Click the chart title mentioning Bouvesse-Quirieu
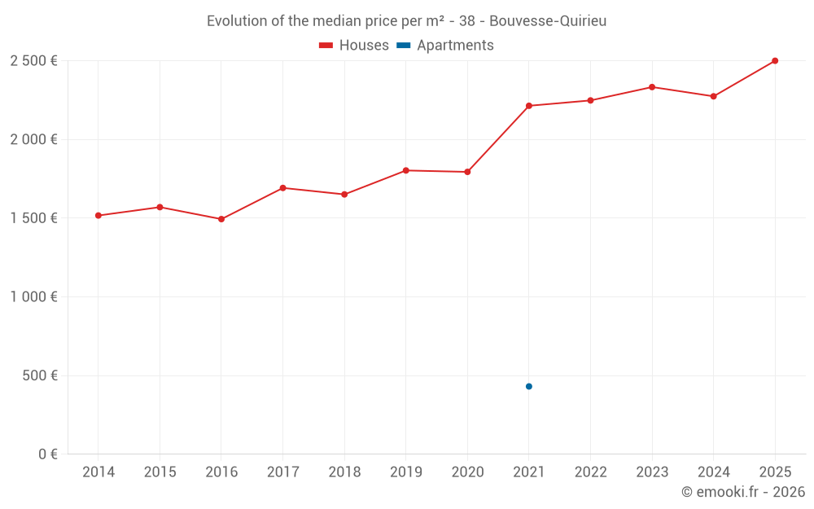click(406, 21)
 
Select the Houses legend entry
click(354, 46)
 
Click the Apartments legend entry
click(445, 46)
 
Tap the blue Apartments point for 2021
click(529, 386)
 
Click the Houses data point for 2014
click(98, 216)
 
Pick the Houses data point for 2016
click(221, 219)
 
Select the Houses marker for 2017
click(282, 188)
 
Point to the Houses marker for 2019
click(405, 170)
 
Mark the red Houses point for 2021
click(529, 106)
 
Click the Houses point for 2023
click(652, 87)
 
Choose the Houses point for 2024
click(713, 96)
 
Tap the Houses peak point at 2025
click(775, 61)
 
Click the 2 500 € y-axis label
click(33, 61)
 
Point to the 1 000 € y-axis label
click(33, 297)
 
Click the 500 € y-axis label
click(39, 375)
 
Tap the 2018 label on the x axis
click(344, 472)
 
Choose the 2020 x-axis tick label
click(467, 472)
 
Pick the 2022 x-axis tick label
click(590, 472)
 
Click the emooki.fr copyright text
click(742, 492)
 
